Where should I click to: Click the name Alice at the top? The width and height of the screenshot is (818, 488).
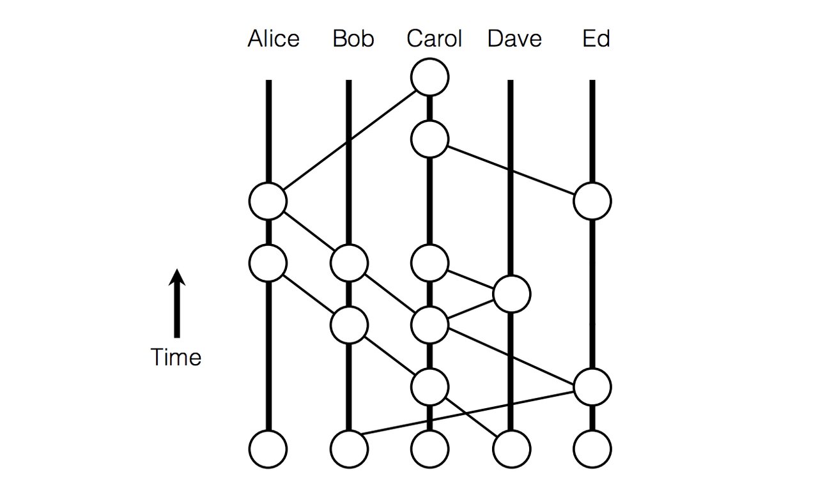tap(274, 39)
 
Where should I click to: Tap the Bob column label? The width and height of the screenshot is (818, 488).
tap(353, 39)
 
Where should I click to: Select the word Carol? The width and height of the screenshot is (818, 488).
tap(434, 39)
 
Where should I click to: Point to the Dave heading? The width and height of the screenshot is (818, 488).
tap(514, 39)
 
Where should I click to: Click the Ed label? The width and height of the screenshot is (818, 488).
tap(596, 39)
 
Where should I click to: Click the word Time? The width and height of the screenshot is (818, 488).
tap(176, 357)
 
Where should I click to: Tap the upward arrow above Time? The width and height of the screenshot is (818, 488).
tap(177, 303)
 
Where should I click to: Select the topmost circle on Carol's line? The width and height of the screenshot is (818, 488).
tap(430, 77)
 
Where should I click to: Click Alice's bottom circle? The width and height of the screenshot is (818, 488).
tap(268, 449)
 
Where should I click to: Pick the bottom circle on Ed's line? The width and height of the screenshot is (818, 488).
tap(592, 449)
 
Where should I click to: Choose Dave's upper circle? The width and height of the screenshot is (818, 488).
tap(511, 294)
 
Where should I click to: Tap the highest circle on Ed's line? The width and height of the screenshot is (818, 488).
tap(592, 201)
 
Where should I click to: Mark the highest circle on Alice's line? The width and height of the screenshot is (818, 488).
tap(268, 201)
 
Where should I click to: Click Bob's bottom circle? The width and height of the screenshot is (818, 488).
tap(349, 449)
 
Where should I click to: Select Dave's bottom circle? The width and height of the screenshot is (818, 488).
tap(511, 449)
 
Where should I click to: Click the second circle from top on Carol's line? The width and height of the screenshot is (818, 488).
tap(430, 139)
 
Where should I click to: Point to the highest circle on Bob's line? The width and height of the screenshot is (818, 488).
tap(349, 263)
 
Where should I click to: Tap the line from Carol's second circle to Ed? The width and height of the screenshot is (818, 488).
tap(511, 170)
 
